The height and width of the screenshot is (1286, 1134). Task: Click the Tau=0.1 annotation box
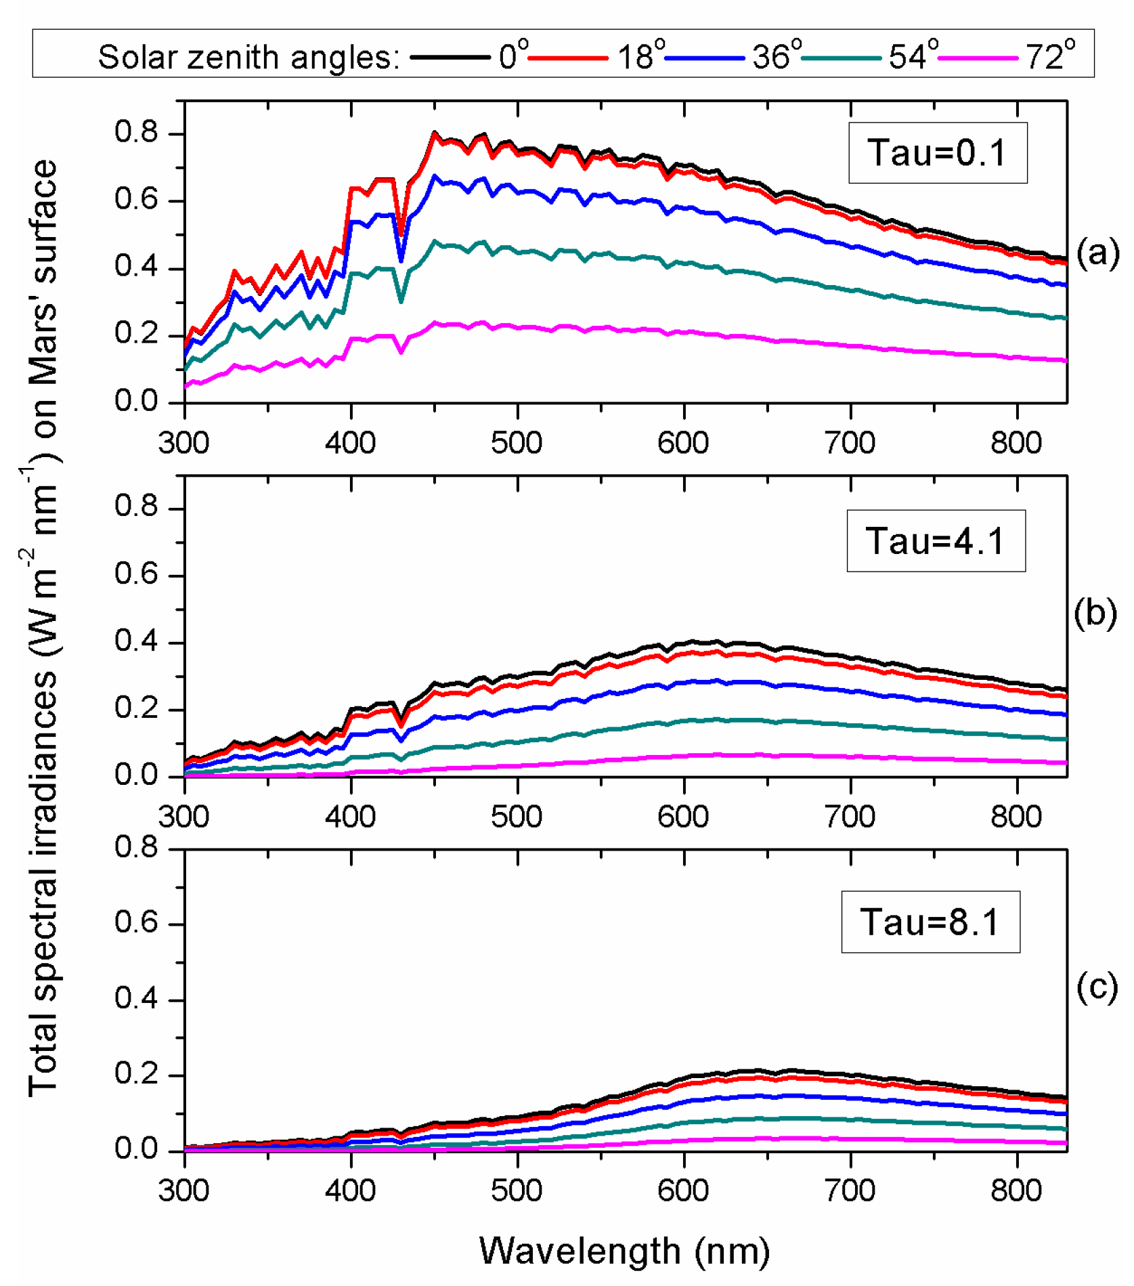[937, 152]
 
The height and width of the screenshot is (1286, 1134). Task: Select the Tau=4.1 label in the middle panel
[935, 541]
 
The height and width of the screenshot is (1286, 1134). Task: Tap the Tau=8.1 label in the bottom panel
[930, 922]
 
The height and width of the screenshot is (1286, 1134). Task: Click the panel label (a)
[1097, 253]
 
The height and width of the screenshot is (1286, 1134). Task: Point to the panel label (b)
[1095, 614]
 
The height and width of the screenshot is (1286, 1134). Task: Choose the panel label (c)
[1097, 987]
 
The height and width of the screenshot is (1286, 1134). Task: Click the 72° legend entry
[1049, 56]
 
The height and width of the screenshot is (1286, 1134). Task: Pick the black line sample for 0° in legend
[450, 58]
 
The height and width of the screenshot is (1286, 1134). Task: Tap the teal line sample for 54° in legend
[842, 58]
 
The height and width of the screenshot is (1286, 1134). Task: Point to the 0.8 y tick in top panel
[135, 132]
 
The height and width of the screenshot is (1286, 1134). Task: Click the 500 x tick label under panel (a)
[517, 443]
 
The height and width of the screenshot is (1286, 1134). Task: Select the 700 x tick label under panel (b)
[850, 817]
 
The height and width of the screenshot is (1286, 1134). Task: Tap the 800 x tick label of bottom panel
[1016, 1190]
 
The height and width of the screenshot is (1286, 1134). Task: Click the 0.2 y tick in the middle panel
[135, 708]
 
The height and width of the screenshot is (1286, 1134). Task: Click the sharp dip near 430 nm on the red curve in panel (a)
[401, 235]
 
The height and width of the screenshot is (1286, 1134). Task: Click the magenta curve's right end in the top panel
[1066, 360]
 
